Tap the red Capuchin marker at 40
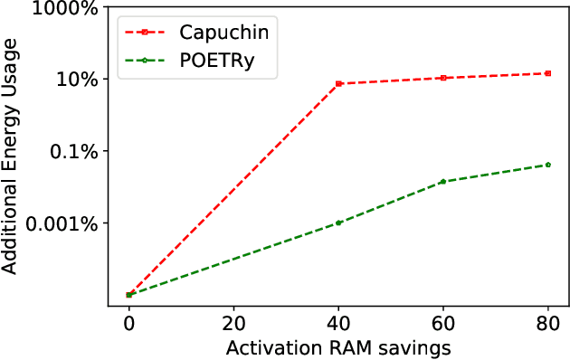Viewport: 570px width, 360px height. (x=338, y=83)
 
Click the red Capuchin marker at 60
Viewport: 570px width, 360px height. (x=443, y=78)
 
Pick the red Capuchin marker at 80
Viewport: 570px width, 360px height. (x=548, y=73)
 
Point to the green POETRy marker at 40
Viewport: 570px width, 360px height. (x=338, y=223)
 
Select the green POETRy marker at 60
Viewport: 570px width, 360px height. (x=443, y=182)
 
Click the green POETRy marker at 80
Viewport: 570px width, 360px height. (x=548, y=165)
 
